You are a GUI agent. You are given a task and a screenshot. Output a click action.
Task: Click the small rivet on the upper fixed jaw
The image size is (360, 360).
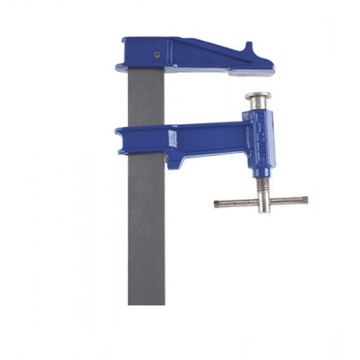158,53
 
